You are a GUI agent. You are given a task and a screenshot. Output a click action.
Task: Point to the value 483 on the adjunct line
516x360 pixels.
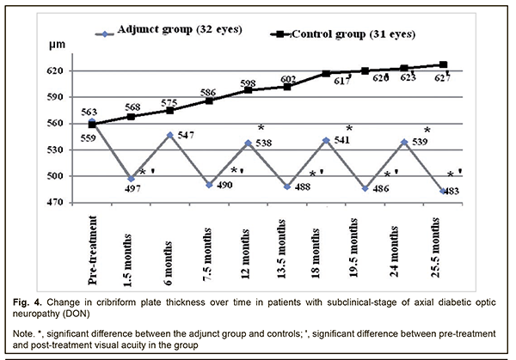pyautogui.click(x=432, y=193)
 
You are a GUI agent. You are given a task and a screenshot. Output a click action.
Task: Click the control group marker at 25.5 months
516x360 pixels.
pyautogui.click(x=444, y=64)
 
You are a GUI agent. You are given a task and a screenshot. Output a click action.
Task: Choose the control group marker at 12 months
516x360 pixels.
pyautogui.click(x=248, y=89)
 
